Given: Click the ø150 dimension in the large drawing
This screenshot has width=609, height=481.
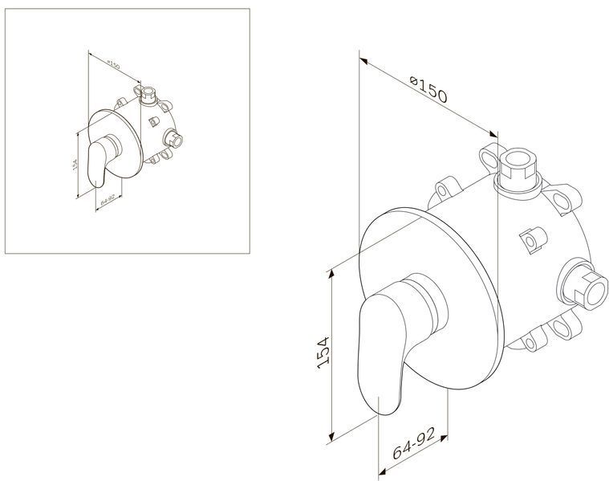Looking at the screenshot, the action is pyautogui.click(x=428, y=90).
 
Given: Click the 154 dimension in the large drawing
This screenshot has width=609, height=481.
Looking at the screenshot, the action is pyautogui.click(x=323, y=353).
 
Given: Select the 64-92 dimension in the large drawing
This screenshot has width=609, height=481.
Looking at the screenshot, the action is pyautogui.click(x=414, y=443).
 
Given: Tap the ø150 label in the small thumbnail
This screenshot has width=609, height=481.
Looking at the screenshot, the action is pyautogui.click(x=113, y=64).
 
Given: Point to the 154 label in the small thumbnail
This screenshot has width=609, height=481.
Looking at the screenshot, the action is pyautogui.click(x=75, y=164).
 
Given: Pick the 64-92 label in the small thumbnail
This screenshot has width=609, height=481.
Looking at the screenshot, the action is pyautogui.click(x=108, y=201).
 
